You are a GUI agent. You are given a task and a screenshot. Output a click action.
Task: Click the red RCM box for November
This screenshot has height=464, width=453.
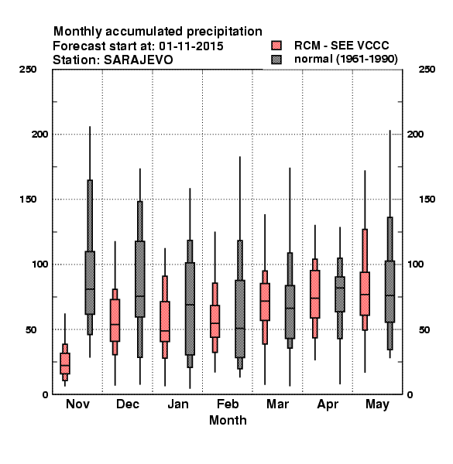point(65,363)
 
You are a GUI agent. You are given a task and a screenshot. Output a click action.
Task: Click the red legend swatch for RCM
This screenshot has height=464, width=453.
point(276,46)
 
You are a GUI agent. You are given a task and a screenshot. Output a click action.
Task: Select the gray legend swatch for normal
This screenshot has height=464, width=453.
point(276,60)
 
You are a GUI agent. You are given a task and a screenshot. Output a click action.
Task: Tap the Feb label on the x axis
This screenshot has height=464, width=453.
point(228,404)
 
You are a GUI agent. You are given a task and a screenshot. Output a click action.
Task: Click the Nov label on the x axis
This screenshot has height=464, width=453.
point(77,404)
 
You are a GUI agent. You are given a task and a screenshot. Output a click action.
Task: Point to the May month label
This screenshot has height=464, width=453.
point(377,404)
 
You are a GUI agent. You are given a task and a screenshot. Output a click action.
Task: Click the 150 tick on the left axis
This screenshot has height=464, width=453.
point(28,200)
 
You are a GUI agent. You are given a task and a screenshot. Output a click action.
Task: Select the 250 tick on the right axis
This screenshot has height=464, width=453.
point(427,70)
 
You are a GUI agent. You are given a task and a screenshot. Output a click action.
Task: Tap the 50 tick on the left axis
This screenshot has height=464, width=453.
point(31,329)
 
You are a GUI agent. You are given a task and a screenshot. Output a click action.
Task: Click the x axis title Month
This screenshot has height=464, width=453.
point(228,420)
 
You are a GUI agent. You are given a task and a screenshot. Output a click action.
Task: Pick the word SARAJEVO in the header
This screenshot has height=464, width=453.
point(138,60)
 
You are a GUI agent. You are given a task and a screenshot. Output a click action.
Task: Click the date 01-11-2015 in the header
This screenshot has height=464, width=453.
point(191,46)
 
